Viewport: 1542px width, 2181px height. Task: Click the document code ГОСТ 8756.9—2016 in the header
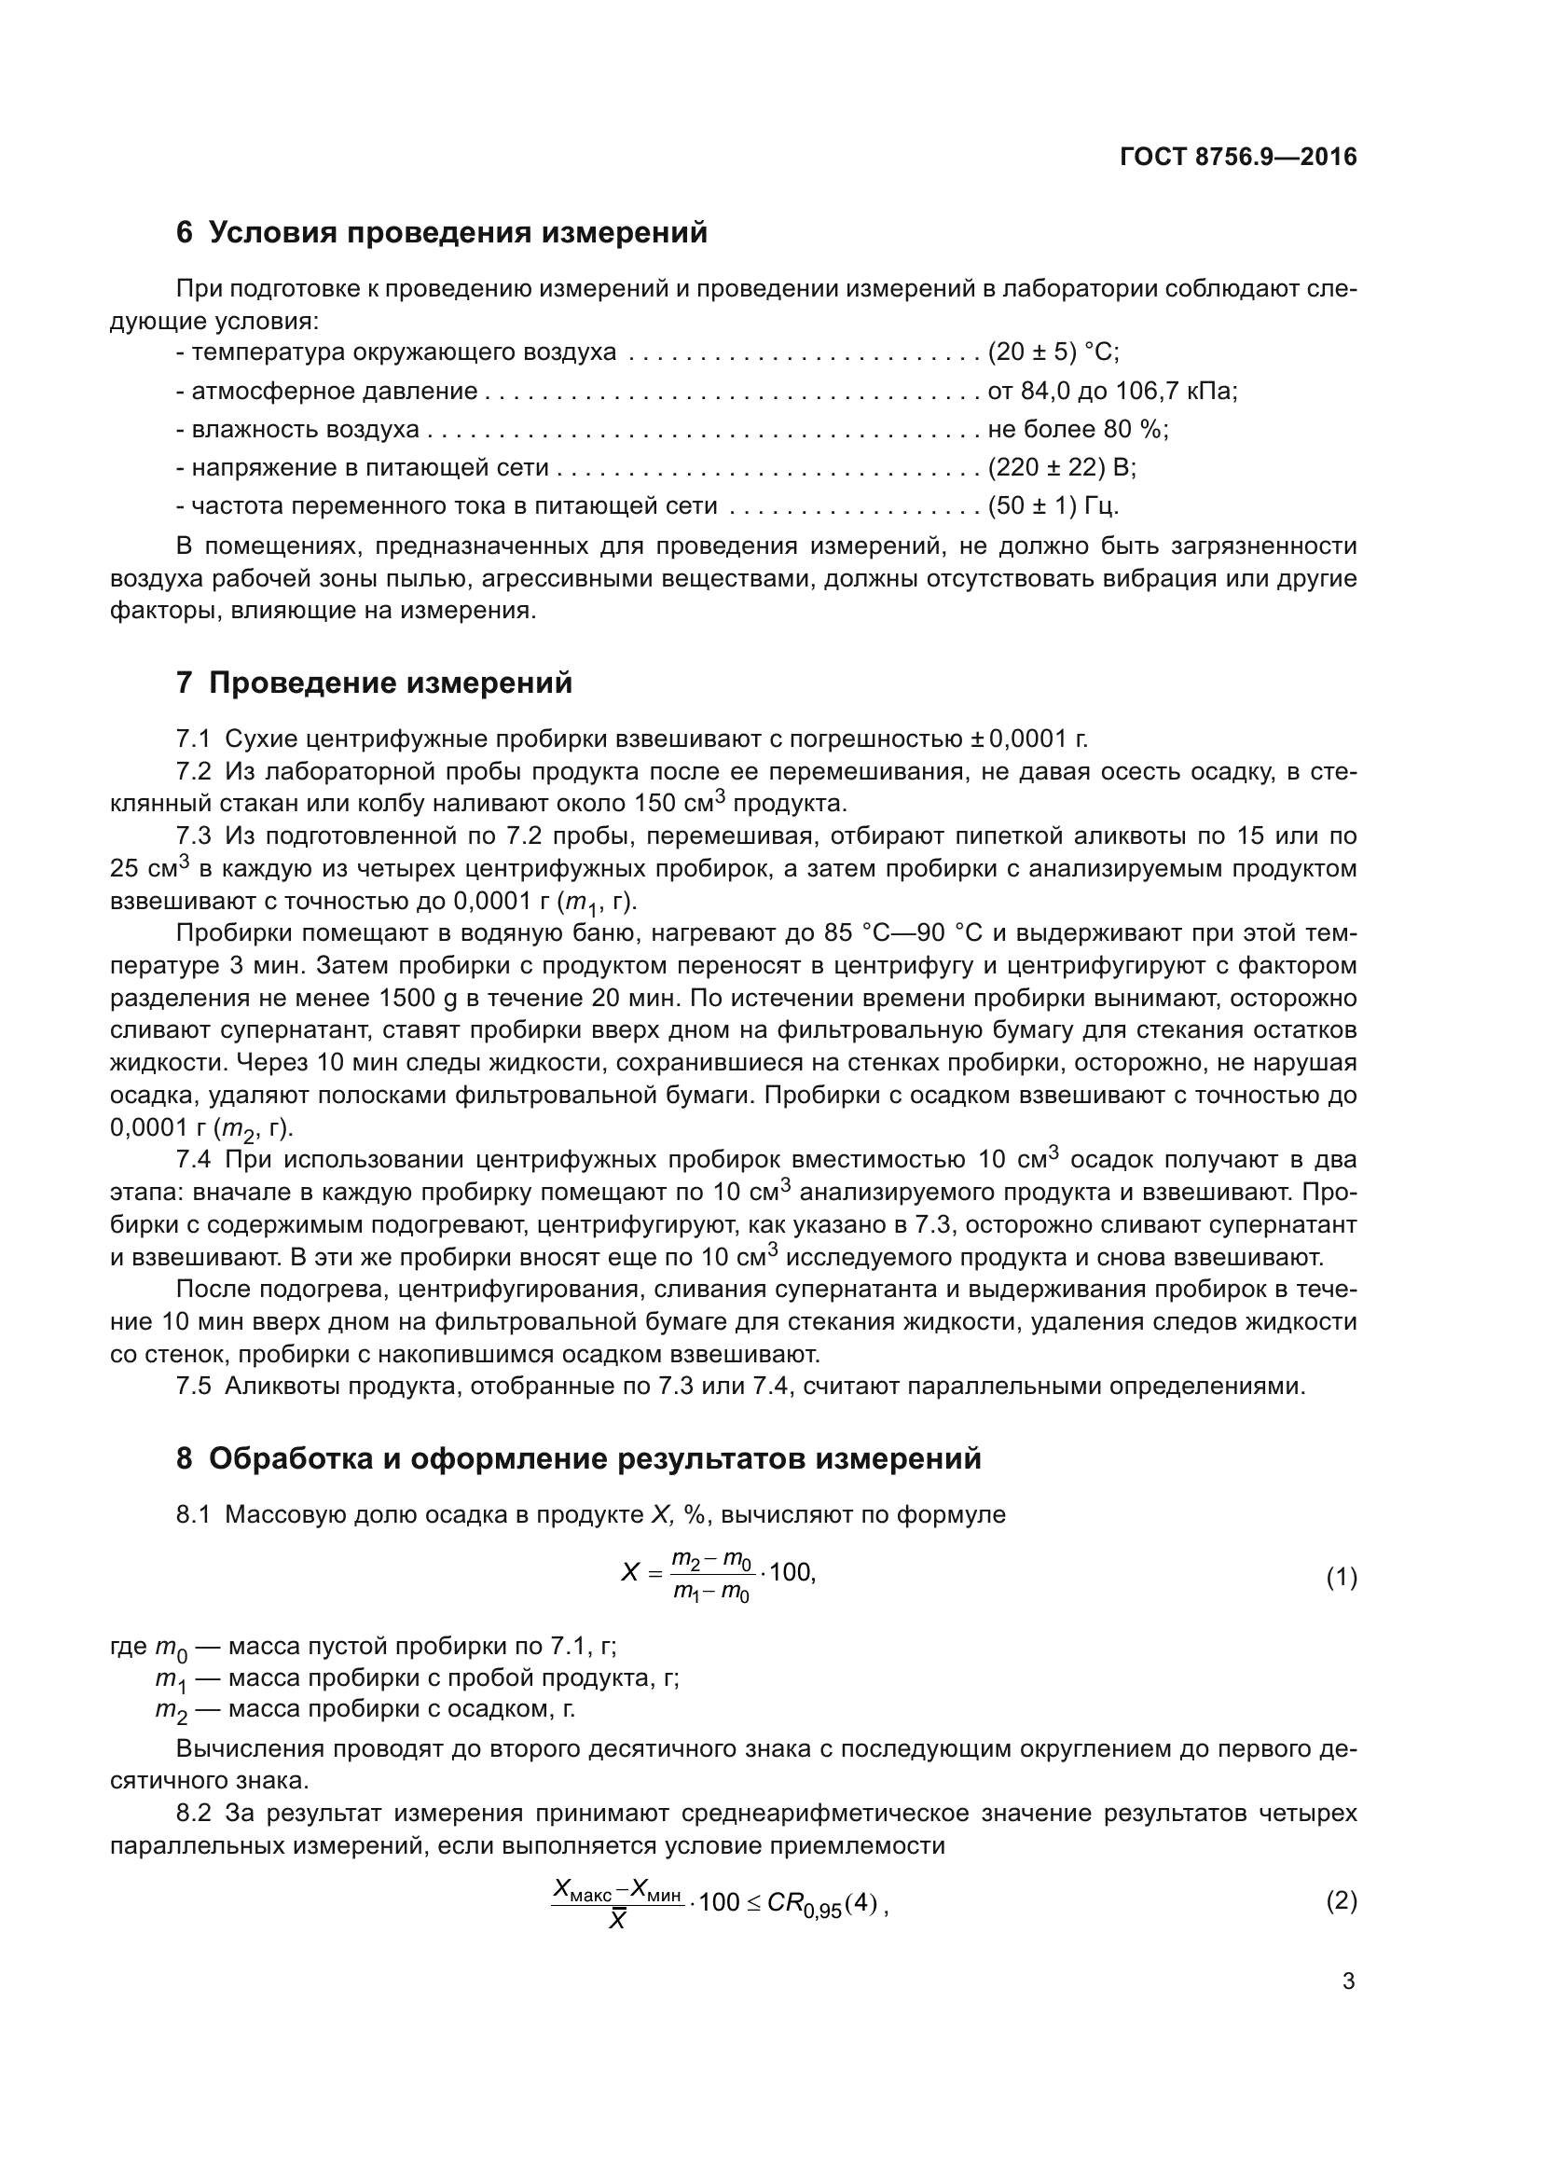coord(1238,157)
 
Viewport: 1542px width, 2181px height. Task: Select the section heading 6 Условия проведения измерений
coord(442,233)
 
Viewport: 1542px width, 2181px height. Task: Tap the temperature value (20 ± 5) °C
coord(1053,352)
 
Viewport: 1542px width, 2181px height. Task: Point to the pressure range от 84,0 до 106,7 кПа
coord(1112,392)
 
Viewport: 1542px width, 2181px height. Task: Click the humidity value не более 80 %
coord(1078,429)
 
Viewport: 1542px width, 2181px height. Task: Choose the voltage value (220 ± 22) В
coord(1062,467)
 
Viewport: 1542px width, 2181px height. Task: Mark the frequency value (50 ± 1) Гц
coord(1053,505)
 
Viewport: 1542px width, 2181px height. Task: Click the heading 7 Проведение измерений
coord(374,683)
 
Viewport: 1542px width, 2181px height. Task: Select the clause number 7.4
coord(193,1160)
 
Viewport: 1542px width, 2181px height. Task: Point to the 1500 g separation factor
coord(419,999)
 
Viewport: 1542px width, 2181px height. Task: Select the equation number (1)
coord(1341,1578)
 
